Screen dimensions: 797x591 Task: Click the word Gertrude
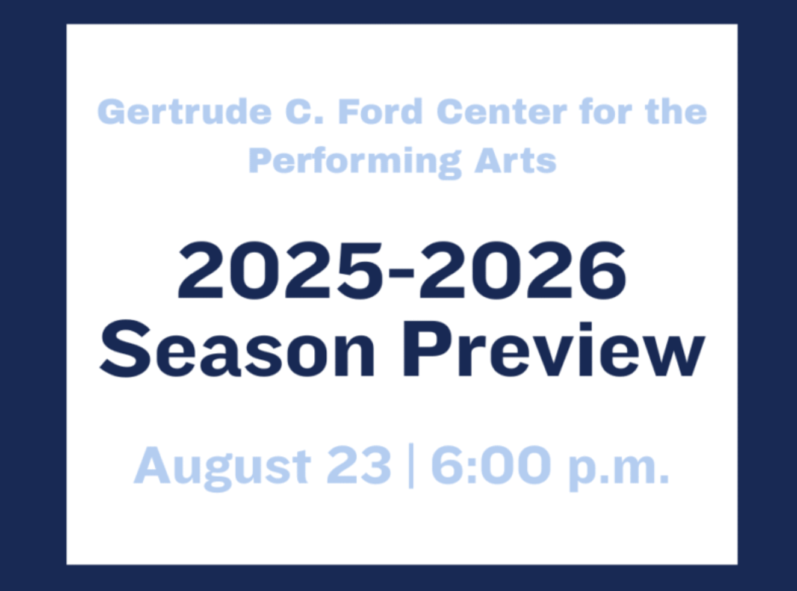point(184,112)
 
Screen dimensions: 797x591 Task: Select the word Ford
point(380,112)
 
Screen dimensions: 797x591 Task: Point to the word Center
point(501,112)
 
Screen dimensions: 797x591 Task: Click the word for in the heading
point(606,112)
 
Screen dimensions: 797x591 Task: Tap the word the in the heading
point(676,112)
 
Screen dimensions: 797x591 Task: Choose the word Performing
point(355,162)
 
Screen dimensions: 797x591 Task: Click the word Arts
point(515,161)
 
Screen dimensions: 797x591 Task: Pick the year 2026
point(523,271)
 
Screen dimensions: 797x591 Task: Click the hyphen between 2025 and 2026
point(402,275)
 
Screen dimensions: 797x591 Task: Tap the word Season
point(238,349)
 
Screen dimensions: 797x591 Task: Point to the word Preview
point(554,349)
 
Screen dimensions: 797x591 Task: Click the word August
point(222,468)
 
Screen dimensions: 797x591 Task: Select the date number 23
point(359,465)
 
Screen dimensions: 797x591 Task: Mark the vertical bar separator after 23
point(411,466)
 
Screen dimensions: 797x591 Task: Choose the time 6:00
point(491,465)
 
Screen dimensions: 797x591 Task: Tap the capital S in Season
point(125,349)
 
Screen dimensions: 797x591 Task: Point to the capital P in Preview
point(427,349)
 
